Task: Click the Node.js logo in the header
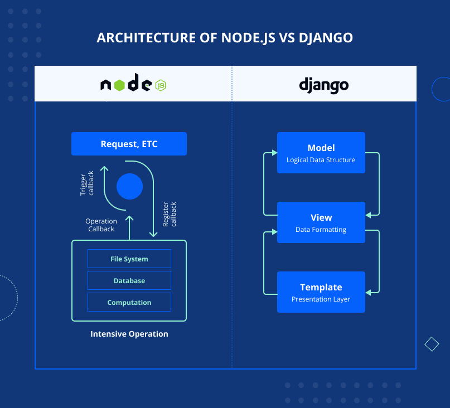(x=133, y=85)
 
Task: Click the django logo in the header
(x=323, y=85)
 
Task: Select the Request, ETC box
(x=129, y=144)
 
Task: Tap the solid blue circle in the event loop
(x=129, y=186)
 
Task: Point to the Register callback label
(x=169, y=214)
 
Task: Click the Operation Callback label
(x=101, y=225)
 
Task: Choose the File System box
(x=129, y=259)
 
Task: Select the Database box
(x=129, y=281)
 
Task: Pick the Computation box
(x=129, y=303)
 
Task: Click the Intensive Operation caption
(x=129, y=334)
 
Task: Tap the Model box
(x=321, y=153)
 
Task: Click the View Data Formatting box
(x=321, y=222)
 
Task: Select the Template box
(x=321, y=292)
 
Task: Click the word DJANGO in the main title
(x=326, y=38)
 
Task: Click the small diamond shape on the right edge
(x=432, y=344)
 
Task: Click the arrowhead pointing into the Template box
(x=369, y=292)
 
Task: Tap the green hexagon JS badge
(x=161, y=85)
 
